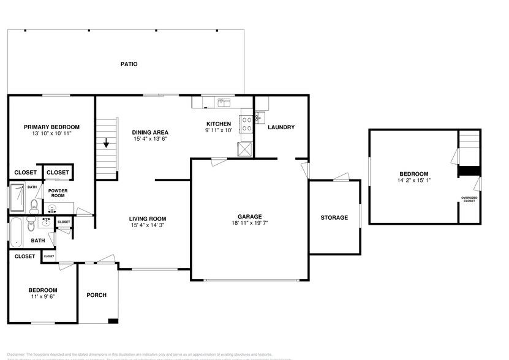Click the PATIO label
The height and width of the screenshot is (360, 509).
tap(129, 64)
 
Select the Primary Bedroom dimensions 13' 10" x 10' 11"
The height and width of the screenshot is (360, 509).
tap(51, 133)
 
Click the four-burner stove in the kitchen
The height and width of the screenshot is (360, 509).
tap(247, 124)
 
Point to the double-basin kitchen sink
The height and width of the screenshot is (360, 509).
tap(223, 102)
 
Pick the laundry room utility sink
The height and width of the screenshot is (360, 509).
tap(258, 116)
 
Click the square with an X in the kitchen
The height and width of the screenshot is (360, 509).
tap(245, 149)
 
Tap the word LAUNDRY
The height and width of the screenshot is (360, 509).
tap(281, 127)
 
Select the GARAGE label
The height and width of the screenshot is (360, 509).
tap(250, 216)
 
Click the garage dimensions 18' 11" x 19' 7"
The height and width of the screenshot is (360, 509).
tap(250, 223)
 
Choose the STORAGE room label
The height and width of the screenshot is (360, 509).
tap(334, 218)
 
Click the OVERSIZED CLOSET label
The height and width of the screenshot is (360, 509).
tap(469, 199)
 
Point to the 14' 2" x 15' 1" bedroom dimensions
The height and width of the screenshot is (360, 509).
tap(414, 181)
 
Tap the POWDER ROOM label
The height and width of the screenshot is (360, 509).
tap(58, 193)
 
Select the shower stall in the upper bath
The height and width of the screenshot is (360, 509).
tap(17, 197)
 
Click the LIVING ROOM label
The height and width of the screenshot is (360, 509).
tap(148, 219)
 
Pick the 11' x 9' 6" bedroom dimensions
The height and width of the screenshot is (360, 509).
tap(43, 298)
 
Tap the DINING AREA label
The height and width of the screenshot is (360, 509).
tap(150, 132)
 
